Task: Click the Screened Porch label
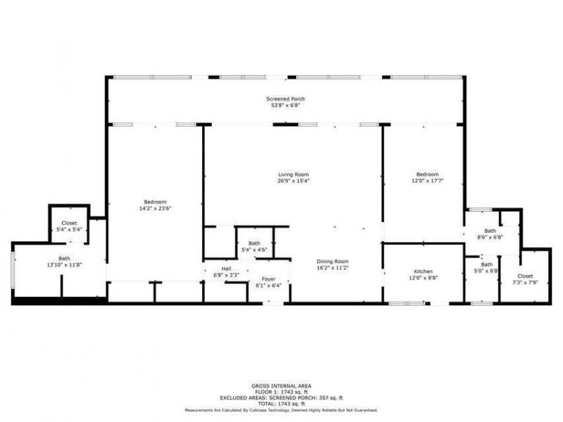tap(285, 99)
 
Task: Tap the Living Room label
tap(293, 174)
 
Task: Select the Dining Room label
tap(332, 261)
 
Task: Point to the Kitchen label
tap(423, 271)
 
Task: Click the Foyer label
tap(267, 279)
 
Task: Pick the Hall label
tap(226, 269)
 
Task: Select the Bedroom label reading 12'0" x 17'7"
tap(427, 174)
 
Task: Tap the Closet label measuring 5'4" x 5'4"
tap(68, 224)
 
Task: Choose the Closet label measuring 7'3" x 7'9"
tap(525, 276)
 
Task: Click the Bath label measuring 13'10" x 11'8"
tap(64, 258)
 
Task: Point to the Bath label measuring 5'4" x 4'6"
tap(253, 243)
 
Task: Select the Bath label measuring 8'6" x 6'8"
tap(490, 231)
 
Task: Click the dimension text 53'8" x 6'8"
tap(285, 106)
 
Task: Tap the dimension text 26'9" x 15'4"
tap(293, 181)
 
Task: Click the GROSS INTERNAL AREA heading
tap(281, 385)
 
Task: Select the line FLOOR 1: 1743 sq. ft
tap(281, 391)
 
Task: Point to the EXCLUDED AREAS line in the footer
tap(281, 397)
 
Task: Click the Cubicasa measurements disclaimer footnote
tap(281, 409)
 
